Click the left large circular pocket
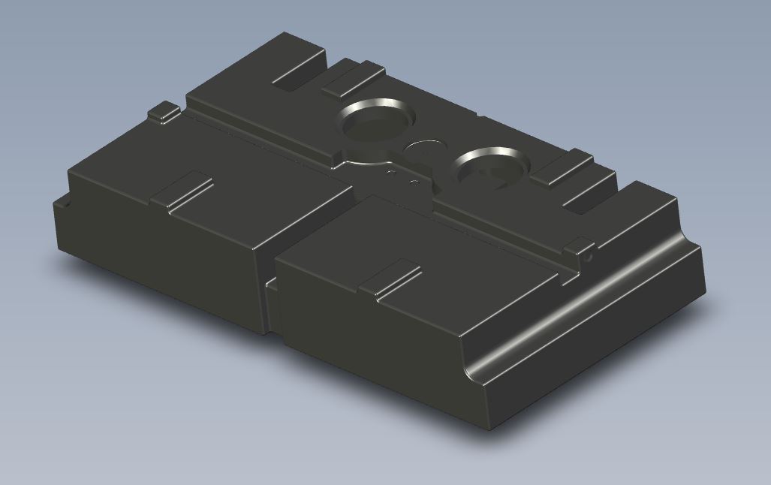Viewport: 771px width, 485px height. (375, 122)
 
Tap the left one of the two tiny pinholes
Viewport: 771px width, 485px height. (390, 172)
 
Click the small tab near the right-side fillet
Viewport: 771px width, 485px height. (580, 245)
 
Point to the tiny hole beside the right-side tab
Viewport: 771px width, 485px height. (589, 256)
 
